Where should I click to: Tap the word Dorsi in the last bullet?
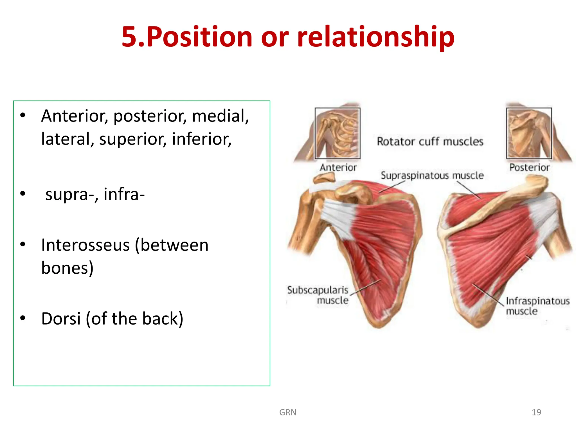(61, 319)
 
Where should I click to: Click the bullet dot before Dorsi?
(23, 318)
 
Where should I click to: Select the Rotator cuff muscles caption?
(430, 141)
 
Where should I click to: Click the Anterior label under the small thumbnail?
(338, 168)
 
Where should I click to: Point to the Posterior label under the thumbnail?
(529, 168)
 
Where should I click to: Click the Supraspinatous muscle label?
(432, 175)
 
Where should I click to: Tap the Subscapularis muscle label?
(318, 295)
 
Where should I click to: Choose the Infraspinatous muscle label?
(537, 306)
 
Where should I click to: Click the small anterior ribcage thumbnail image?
(337, 133)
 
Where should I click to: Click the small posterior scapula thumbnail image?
(529, 133)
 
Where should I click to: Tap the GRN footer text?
(287, 412)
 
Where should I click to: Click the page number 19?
(536, 412)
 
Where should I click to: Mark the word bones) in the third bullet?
(67, 268)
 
